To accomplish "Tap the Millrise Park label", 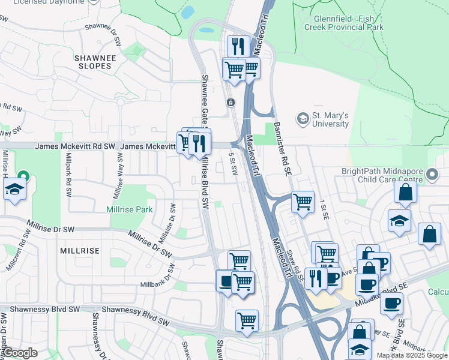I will [129, 209].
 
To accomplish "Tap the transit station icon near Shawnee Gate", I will [230, 103].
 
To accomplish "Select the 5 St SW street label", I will [233, 164].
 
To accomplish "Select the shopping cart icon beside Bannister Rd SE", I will [303, 201].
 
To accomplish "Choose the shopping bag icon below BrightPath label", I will [406, 191].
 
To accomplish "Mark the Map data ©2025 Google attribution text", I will [411, 355].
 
